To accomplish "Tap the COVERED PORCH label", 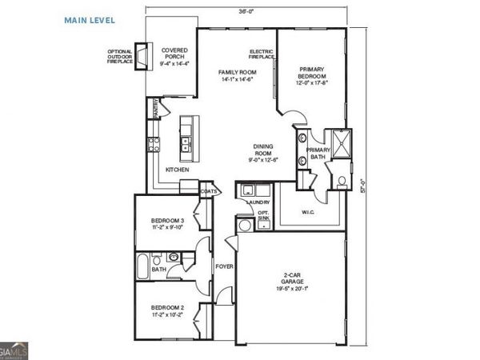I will tap(174, 53).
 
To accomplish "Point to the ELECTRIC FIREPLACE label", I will tap(262, 54).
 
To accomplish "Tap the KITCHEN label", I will tap(177, 170).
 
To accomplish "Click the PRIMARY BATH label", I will tap(318, 154).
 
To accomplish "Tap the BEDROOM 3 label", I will tap(168, 223).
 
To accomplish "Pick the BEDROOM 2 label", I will tap(167, 310).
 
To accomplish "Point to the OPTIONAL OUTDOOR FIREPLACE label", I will tap(122, 58).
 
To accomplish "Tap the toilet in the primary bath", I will tap(341, 180).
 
